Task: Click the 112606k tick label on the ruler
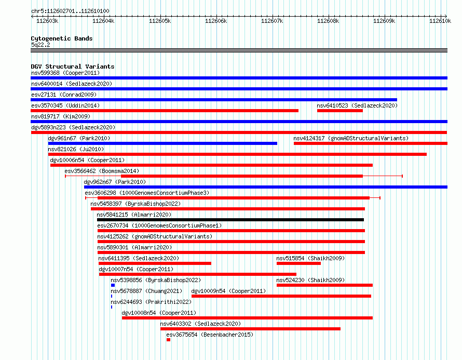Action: (216, 21)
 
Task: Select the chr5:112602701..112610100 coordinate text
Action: (70, 11)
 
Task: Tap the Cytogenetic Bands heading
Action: (62, 38)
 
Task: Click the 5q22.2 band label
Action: (40, 45)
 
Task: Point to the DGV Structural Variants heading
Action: (73, 66)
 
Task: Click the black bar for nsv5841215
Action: (230, 220)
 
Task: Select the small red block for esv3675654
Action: (168, 340)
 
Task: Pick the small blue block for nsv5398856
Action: (113, 285)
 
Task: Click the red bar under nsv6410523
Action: (339, 111)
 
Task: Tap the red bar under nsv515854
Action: (298, 263)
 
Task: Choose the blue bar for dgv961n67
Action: (162, 143)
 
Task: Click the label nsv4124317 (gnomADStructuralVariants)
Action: (351, 138)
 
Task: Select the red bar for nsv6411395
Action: (155, 263)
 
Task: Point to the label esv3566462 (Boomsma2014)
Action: (102, 171)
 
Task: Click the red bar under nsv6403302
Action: (250, 329)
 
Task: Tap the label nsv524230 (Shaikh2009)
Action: (310, 280)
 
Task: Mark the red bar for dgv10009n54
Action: (281, 296)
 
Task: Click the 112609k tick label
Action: (384, 21)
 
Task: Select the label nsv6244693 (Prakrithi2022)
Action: (151, 302)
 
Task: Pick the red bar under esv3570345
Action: (165, 111)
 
